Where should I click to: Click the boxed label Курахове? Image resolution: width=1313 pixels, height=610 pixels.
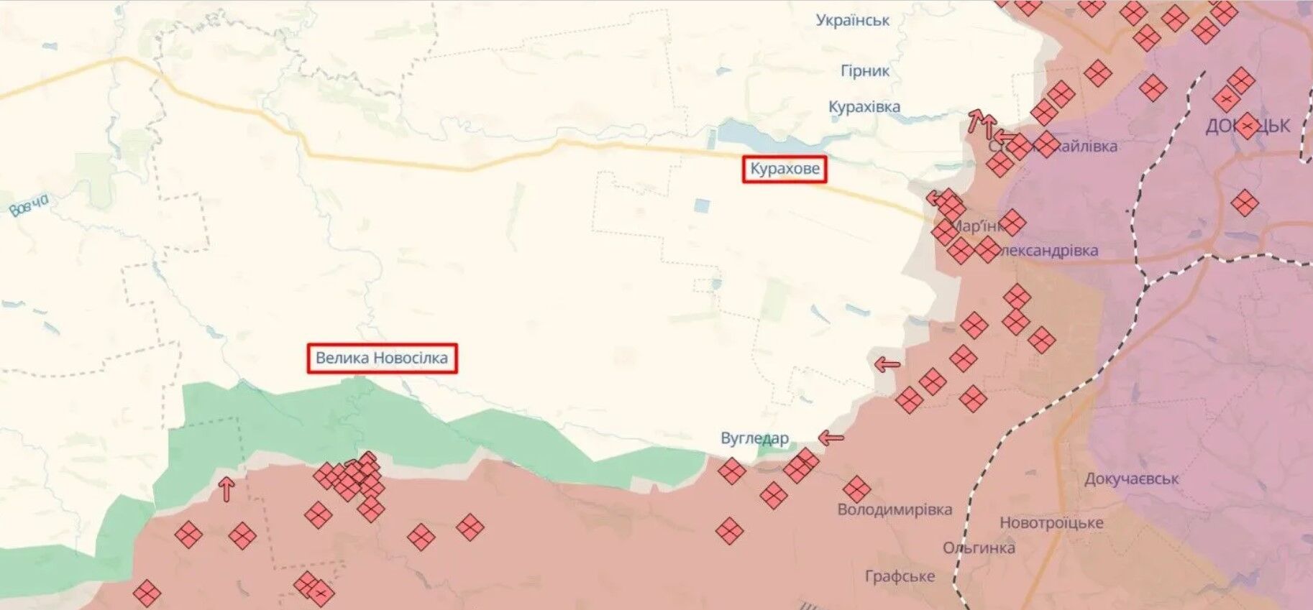pyautogui.click(x=784, y=170)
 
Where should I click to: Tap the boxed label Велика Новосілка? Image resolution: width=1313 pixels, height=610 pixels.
pyautogui.click(x=382, y=358)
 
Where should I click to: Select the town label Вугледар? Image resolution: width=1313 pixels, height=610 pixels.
pyautogui.click(x=754, y=438)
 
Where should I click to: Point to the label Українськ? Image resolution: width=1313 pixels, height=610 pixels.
pyautogui.click(x=852, y=20)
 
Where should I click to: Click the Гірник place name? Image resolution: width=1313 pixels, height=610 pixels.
pyautogui.click(x=865, y=70)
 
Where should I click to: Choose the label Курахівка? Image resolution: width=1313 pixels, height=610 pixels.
pyautogui.click(x=864, y=107)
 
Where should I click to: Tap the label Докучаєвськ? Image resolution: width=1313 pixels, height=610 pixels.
pyautogui.click(x=1131, y=479)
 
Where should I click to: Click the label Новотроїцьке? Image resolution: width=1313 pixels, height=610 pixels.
pyautogui.click(x=1051, y=522)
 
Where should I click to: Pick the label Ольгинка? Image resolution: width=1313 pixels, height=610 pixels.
pyautogui.click(x=979, y=548)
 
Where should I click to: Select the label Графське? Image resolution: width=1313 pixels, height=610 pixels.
pyautogui.click(x=900, y=576)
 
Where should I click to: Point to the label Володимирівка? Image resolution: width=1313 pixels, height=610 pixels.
pyautogui.click(x=894, y=509)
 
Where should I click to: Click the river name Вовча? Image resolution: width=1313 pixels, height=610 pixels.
pyautogui.click(x=29, y=205)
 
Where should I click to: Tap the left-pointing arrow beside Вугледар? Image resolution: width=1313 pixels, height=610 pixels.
pyautogui.click(x=831, y=437)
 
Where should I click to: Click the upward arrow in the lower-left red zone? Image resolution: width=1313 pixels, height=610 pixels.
pyautogui.click(x=227, y=489)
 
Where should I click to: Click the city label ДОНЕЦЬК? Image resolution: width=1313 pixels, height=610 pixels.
pyautogui.click(x=1248, y=126)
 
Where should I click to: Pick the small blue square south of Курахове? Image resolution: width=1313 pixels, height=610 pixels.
pyautogui.click(x=701, y=206)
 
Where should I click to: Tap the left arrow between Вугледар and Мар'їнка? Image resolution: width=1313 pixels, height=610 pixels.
pyautogui.click(x=887, y=364)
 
